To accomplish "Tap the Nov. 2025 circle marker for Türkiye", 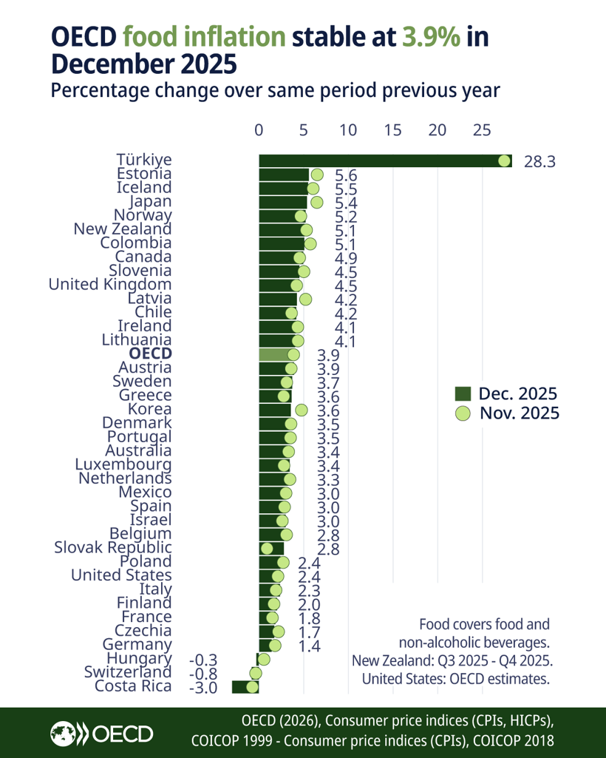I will pyautogui.click(x=505, y=160).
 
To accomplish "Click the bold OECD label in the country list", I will pyautogui.click(x=150, y=353).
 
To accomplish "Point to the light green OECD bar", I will pyautogui.click(x=275, y=354).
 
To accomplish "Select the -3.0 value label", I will pyautogui.click(x=202, y=687).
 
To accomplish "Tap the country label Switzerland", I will pyautogui.click(x=128, y=672).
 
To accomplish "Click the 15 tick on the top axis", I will pyautogui.click(x=392, y=130).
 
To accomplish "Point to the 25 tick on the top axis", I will pyautogui.click(x=482, y=130).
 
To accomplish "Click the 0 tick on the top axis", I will pyautogui.click(x=259, y=130).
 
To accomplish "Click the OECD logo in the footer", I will pyautogui.click(x=101, y=733).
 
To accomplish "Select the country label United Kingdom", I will pyautogui.click(x=110, y=284).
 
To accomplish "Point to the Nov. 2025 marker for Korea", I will pyautogui.click(x=301, y=409).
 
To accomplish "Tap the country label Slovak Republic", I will pyautogui.click(x=113, y=547).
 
